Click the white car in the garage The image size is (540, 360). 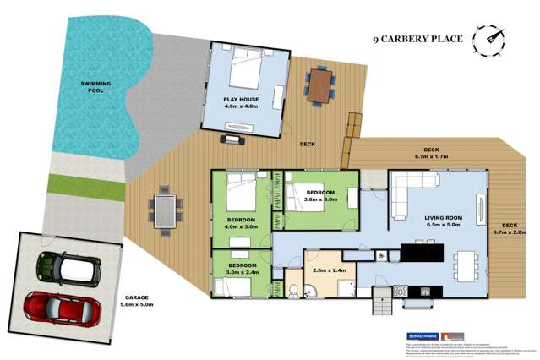point(68,268)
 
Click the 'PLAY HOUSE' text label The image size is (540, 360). point(242,99)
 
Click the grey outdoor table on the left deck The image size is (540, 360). point(164,206)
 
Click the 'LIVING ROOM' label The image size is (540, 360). point(445,217)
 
